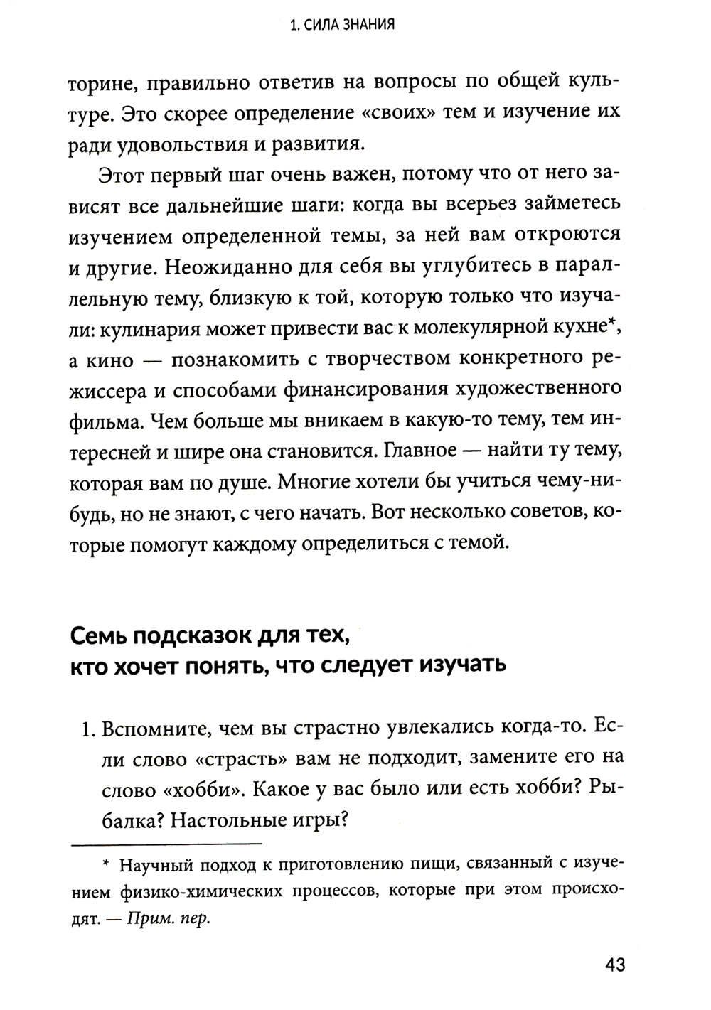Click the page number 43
click(615, 965)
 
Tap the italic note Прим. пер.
click(168, 918)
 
